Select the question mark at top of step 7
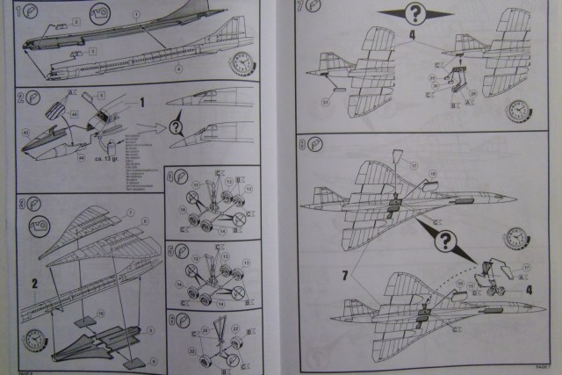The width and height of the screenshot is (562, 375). pos(414,13)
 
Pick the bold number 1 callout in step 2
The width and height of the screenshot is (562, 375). pos(141,103)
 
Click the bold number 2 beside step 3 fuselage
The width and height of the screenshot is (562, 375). pos(34,283)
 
